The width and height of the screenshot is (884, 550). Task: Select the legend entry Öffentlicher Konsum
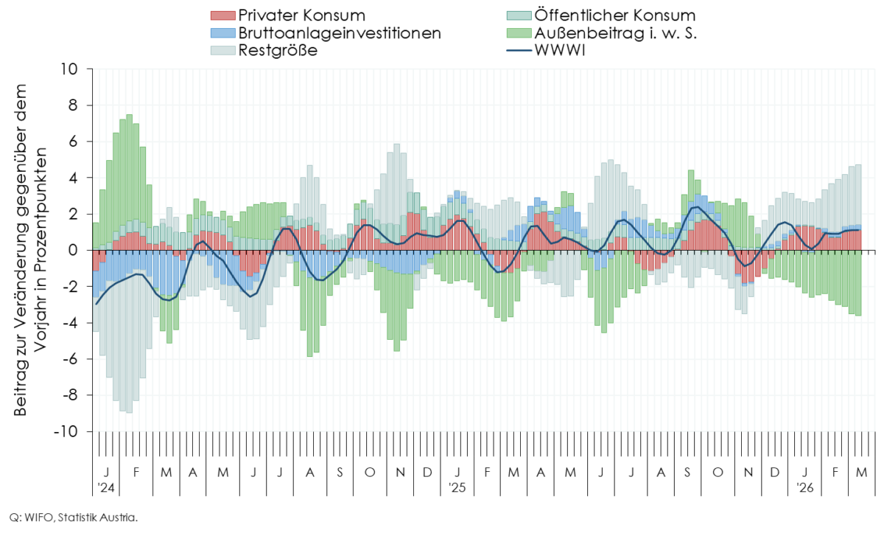click(x=604, y=15)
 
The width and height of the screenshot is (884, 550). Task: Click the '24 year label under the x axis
click(x=105, y=487)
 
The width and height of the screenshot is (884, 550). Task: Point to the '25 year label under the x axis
click(x=457, y=487)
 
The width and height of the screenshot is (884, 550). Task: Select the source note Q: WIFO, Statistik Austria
click(x=73, y=518)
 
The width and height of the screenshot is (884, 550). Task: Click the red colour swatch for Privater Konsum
click(x=222, y=15)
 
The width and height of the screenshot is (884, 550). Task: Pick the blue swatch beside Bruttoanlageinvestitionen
click(x=222, y=33)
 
